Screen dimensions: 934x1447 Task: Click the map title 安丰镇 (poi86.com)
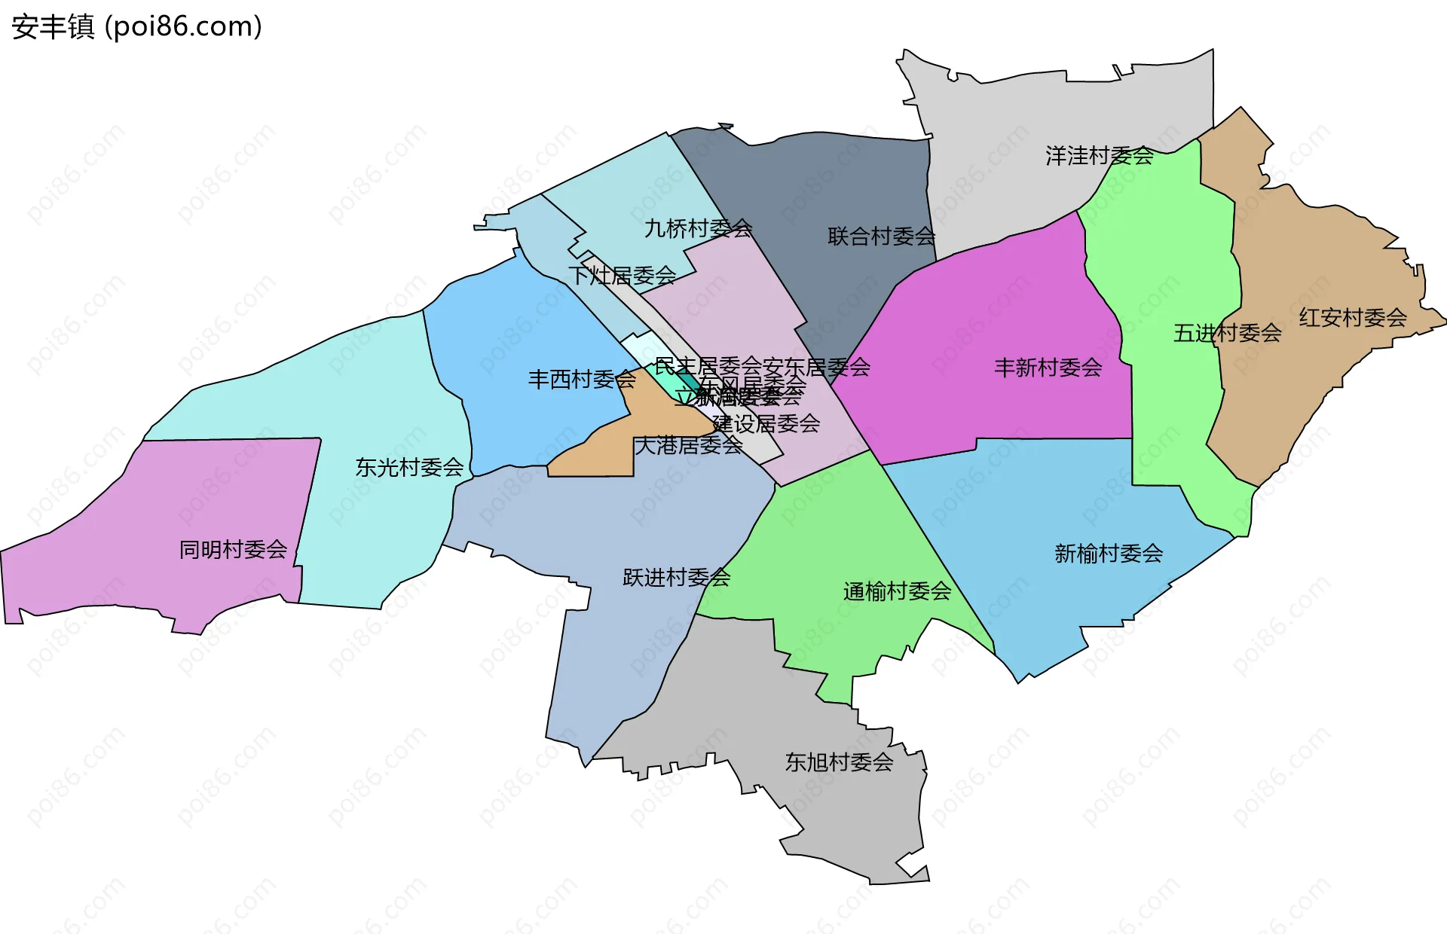click(x=136, y=26)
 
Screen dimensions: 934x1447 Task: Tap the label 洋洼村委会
click(x=1099, y=156)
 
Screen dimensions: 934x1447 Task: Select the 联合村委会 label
click(x=881, y=237)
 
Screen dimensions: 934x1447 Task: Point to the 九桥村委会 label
click(x=698, y=228)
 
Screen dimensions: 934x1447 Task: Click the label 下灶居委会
click(x=622, y=276)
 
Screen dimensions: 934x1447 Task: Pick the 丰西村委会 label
click(x=582, y=379)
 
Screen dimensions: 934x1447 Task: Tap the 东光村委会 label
click(x=409, y=468)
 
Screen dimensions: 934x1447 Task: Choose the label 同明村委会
click(x=233, y=550)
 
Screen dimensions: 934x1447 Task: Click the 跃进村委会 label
click(x=676, y=578)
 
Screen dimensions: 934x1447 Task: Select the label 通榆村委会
click(x=897, y=591)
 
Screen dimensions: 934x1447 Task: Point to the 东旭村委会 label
click(x=839, y=762)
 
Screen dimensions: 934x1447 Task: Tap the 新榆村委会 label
click(x=1108, y=554)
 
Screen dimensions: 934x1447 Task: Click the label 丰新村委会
click(x=1048, y=368)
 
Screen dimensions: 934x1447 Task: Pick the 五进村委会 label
click(x=1227, y=333)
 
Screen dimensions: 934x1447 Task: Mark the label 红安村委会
click(x=1352, y=318)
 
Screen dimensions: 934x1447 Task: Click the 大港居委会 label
click(x=688, y=445)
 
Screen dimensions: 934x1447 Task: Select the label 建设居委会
click(x=766, y=423)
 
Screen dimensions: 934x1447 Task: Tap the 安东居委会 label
click(x=817, y=367)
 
